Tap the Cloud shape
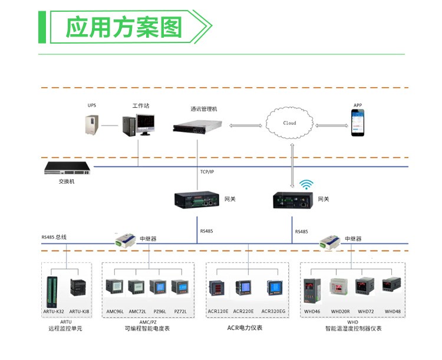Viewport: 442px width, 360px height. (x=290, y=123)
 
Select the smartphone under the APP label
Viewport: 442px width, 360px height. (x=358, y=124)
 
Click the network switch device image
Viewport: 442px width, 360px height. (x=67, y=169)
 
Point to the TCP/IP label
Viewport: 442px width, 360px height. (x=207, y=171)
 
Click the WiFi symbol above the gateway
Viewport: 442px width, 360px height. (x=305, y=184)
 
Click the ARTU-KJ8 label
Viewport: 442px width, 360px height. (x=79, y=311)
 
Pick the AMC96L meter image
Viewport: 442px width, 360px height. (x=114, y=287)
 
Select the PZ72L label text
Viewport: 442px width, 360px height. (x=180, y=311)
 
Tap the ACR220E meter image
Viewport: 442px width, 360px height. (x=244, y=288)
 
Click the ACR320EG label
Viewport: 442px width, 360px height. (x=273, y=311)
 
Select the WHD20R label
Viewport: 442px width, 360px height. (x=340, y=311)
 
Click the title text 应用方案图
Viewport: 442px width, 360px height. (x=123, y=27)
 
